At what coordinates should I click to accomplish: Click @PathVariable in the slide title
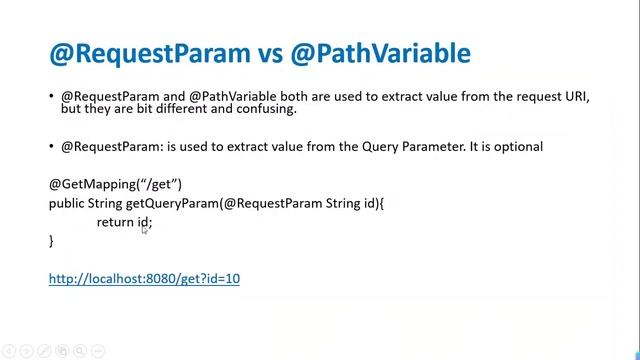(380, 52)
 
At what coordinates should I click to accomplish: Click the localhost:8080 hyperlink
(144, 278)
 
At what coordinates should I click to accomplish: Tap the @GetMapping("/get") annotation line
(115, 184)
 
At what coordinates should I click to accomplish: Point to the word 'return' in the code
(115, 222)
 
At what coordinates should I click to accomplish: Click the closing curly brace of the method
(51, 241)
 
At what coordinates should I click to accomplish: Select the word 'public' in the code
(67, 203)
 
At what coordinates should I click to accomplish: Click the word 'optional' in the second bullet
(517, 146)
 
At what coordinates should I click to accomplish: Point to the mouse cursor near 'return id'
(144, 229)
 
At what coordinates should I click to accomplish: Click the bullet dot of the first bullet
(52, 97)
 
